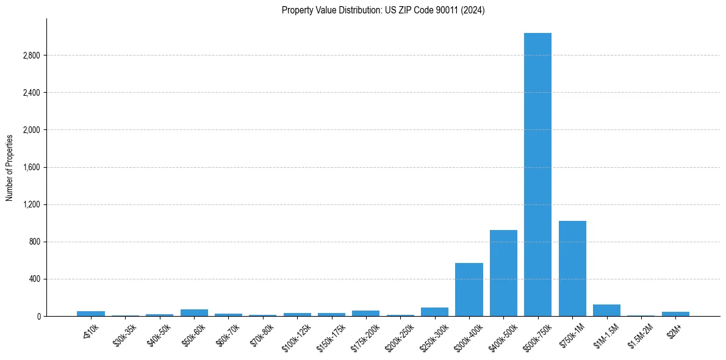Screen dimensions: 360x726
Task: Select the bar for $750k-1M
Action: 572,268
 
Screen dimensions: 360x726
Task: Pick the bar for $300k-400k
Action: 469,289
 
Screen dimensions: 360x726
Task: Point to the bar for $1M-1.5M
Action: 606,310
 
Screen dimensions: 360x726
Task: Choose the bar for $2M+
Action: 675,314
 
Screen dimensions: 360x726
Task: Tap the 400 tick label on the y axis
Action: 35,279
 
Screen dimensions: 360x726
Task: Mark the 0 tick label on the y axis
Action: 38,316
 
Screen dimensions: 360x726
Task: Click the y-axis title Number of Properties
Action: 10,168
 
